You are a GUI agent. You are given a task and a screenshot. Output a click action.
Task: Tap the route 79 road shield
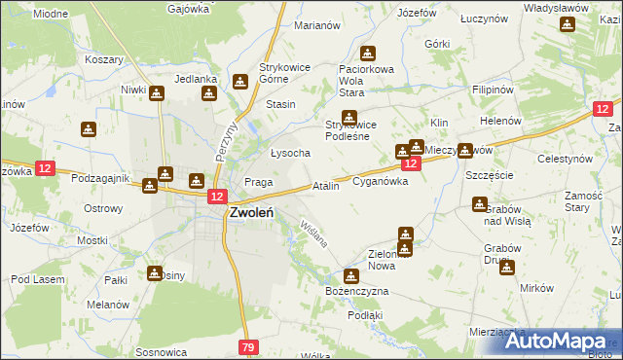tap(248, 347)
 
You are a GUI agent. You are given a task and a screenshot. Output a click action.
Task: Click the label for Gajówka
tap(189, 9)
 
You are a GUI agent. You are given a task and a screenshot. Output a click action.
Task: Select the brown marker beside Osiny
tap(154, 274)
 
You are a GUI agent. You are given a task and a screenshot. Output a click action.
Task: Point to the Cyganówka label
tap(386, 181)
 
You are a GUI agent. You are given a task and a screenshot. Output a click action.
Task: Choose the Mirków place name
tap(536, 288)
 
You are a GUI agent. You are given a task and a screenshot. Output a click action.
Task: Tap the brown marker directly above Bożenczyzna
tap(350, 275)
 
